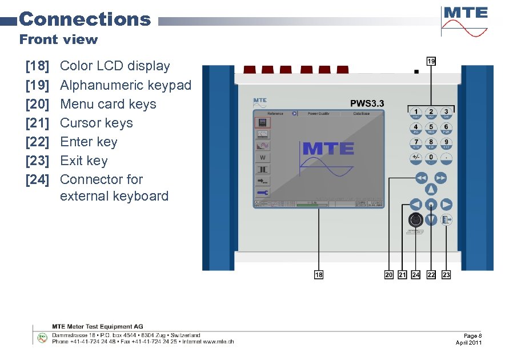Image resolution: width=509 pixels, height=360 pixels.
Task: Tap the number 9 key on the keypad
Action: point(446,143)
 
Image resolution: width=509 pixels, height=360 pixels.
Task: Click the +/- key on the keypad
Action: point(416,158)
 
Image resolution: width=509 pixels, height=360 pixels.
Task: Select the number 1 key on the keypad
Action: point(416,113)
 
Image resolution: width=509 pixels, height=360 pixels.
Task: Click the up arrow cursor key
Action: point(431,190)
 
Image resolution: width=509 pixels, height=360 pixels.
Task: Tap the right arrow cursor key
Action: point(447,205)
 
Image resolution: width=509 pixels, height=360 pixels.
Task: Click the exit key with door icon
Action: point(447,220)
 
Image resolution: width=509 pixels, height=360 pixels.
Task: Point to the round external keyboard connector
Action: point(416,221)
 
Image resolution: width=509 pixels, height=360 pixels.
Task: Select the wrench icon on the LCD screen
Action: point(262,194)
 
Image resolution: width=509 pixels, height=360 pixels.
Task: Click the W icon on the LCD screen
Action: point(262,158)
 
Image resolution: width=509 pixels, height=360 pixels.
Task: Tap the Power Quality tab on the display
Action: point(320,114)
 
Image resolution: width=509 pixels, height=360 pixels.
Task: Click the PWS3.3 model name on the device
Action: point(367,103)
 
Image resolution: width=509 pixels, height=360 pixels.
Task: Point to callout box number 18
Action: point(319,275)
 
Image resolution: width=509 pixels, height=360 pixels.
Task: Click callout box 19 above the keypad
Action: point(431,61)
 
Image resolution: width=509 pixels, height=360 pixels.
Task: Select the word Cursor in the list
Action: point(79,123)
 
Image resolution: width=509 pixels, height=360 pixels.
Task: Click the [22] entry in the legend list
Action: point(38,142)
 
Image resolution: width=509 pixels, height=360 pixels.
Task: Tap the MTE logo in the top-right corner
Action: point(466,21)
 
